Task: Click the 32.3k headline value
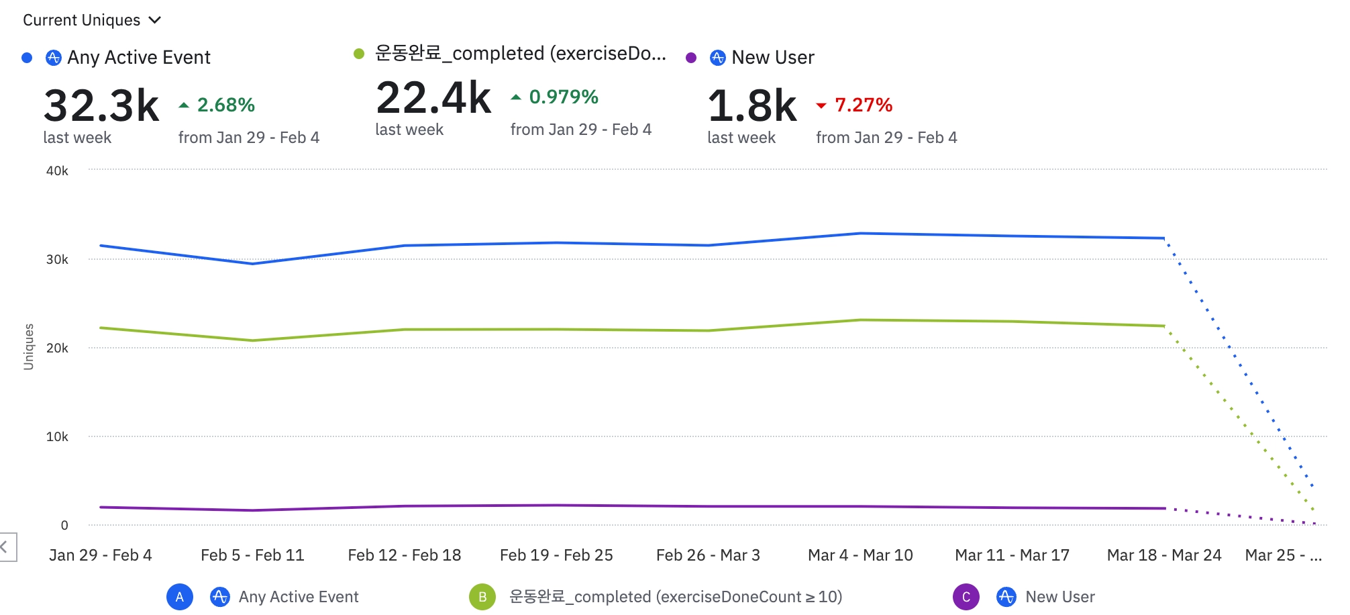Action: pyautogui.click(x=101, y=105)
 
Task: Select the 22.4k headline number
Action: pyautogui.click(x=433, y=98)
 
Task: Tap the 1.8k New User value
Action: pyautogui.click(x=752, y=105)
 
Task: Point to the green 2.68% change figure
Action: pyautogui.click(x=225, y=105)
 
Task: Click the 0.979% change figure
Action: pyautogui.click(x=563, y=97)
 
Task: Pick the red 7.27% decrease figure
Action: pyautogui.click(x=863, y=105)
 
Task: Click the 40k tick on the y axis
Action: pyautogui.click(x=57, y=171)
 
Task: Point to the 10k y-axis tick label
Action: pyautogui.click(x=57, y=437)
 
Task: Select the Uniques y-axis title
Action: pyautogui.click(x=28, y=346)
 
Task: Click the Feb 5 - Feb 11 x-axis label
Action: pyautogui.click(x=252, y=555)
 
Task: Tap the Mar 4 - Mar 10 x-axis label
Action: pyautogui.click(x=860, y=555)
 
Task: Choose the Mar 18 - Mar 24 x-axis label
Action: pyautogui.click(x=1164, y=555)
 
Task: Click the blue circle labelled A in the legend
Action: pyautogui.click(x=180, y=597)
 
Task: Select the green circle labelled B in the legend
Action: pyautogui.click(x=482, y=597)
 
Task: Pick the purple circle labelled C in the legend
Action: pyautogui.click(x=966, y=597)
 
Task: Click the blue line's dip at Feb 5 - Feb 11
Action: pyautogui.click(x=252, y=263)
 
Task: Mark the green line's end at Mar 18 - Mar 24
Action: pyautogui.click(x=1164, y=326)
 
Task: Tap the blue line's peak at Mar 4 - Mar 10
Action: pyautogui.click(x=860, y=234)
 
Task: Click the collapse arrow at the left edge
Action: pyautogui.click(x=5, y=547)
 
